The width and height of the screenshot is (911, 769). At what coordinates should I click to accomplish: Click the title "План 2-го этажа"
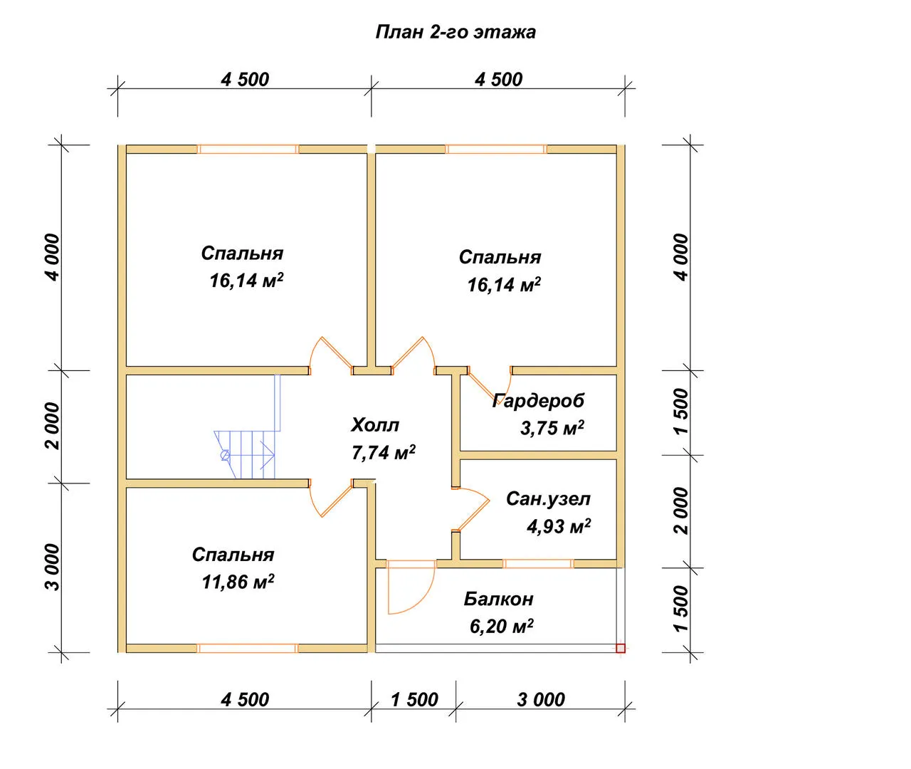(455, 32)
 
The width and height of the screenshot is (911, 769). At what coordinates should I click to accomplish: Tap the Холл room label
(375, 424)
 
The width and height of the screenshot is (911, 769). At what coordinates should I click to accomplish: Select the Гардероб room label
(538, 401)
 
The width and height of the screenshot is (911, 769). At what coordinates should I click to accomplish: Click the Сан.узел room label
(548, 499)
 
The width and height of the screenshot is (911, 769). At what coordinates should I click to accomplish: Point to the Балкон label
(498, 599)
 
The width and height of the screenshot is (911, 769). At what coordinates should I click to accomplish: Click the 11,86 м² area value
(238, 582)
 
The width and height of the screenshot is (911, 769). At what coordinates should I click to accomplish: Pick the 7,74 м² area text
(384, 453)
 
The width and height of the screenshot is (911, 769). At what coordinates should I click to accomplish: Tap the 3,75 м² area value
(552, 428)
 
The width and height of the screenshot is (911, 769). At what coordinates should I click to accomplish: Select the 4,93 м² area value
(559, 526)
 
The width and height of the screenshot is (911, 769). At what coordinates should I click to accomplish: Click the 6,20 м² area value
(501, 627)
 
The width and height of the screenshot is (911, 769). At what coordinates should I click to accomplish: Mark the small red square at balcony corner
(621, 648)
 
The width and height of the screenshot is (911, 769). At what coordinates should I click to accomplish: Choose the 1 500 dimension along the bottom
(414, 700)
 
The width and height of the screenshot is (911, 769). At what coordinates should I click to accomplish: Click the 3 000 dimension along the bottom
(541, 700)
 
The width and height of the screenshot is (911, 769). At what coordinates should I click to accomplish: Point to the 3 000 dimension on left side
(53, 567)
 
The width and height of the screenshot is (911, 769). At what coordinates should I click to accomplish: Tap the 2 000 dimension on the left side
(53, 426)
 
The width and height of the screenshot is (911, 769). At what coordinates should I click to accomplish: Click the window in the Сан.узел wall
(538, 563)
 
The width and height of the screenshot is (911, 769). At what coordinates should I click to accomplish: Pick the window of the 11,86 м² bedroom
(248, 648)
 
